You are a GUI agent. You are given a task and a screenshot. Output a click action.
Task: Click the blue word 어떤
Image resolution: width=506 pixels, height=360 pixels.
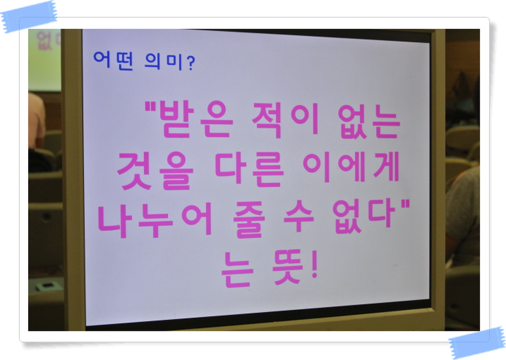(113, 60)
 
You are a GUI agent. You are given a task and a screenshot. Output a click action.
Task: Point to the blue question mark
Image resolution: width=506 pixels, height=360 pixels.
(191, 63)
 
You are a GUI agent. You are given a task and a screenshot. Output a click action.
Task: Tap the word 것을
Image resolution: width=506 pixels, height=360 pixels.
(155, 171)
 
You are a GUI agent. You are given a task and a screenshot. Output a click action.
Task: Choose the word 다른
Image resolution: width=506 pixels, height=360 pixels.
(249, 170)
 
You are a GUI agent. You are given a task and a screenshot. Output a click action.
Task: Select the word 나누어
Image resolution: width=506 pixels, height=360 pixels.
(155, 219)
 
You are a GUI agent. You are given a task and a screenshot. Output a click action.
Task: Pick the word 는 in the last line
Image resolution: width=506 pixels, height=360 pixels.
(237, 269)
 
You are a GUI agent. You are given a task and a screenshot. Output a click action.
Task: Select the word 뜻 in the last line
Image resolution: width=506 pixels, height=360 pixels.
(287, 267)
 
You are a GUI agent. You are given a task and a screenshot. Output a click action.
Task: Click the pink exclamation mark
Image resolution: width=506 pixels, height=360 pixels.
(315, 264)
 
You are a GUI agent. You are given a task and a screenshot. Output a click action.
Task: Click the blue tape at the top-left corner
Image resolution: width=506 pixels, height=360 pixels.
(29, 16)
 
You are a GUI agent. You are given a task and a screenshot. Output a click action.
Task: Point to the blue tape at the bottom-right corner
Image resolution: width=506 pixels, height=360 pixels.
(477, 343)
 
